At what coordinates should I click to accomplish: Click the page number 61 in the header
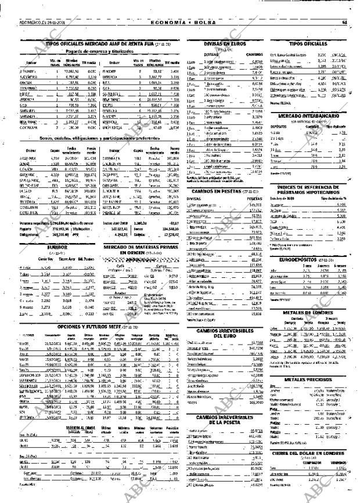click(x=344, y=23)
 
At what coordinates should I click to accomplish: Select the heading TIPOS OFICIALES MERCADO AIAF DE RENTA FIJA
click(x=100, y=44)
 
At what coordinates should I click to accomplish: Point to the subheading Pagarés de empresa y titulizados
click(x=100, y=50)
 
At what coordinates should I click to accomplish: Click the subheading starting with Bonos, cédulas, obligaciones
click(x=100, y=139)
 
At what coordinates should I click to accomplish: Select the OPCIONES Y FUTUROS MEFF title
click(x=100, y=327)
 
